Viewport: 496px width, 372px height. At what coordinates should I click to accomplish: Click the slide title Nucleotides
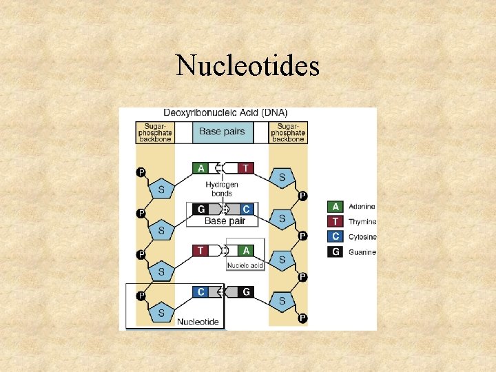(x=248, y=66)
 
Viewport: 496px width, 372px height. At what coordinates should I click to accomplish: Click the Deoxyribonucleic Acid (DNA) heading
(x=226, y=113)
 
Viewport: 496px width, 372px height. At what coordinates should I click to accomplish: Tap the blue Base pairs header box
(x=222, y=132)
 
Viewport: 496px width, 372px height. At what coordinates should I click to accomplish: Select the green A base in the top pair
(x=201, y=168)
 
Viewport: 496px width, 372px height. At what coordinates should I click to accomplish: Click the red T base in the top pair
(x=246, y=168)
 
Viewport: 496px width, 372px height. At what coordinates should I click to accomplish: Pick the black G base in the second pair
(x=201, y=209)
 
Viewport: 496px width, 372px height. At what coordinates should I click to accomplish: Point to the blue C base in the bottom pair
(x=201, y=292)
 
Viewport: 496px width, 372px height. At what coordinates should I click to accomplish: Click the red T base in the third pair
(x=200, y=251)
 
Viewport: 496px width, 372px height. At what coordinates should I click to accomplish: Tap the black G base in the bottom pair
(x=246, y=292)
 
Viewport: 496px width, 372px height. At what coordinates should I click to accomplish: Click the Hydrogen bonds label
(x=222, y=189)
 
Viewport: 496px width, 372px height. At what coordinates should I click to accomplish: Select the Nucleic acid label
(x=245, y=265)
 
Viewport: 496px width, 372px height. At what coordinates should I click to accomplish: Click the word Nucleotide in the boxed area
(x=198, y=321)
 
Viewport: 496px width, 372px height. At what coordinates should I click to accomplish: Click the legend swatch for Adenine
(x=335, y=207)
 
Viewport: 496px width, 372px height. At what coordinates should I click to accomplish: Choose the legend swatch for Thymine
(x=335, y=222)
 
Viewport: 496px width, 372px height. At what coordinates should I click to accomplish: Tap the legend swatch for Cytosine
(x=335, y=237)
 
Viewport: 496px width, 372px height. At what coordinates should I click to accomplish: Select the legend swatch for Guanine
(x=335, y=252)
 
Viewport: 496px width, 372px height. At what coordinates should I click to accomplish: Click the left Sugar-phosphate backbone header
(x=154, y=132)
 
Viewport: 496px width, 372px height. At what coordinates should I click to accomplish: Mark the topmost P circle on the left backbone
(x=141, y=172)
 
